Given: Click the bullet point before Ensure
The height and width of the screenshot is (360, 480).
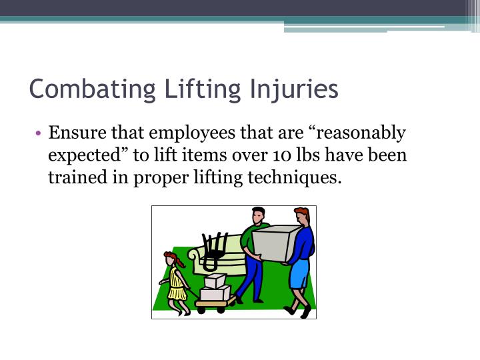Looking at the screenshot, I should point(41,134).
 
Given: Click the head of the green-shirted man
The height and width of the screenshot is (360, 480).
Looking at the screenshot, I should point(258,217).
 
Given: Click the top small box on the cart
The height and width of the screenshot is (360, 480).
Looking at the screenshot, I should point(215,282).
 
